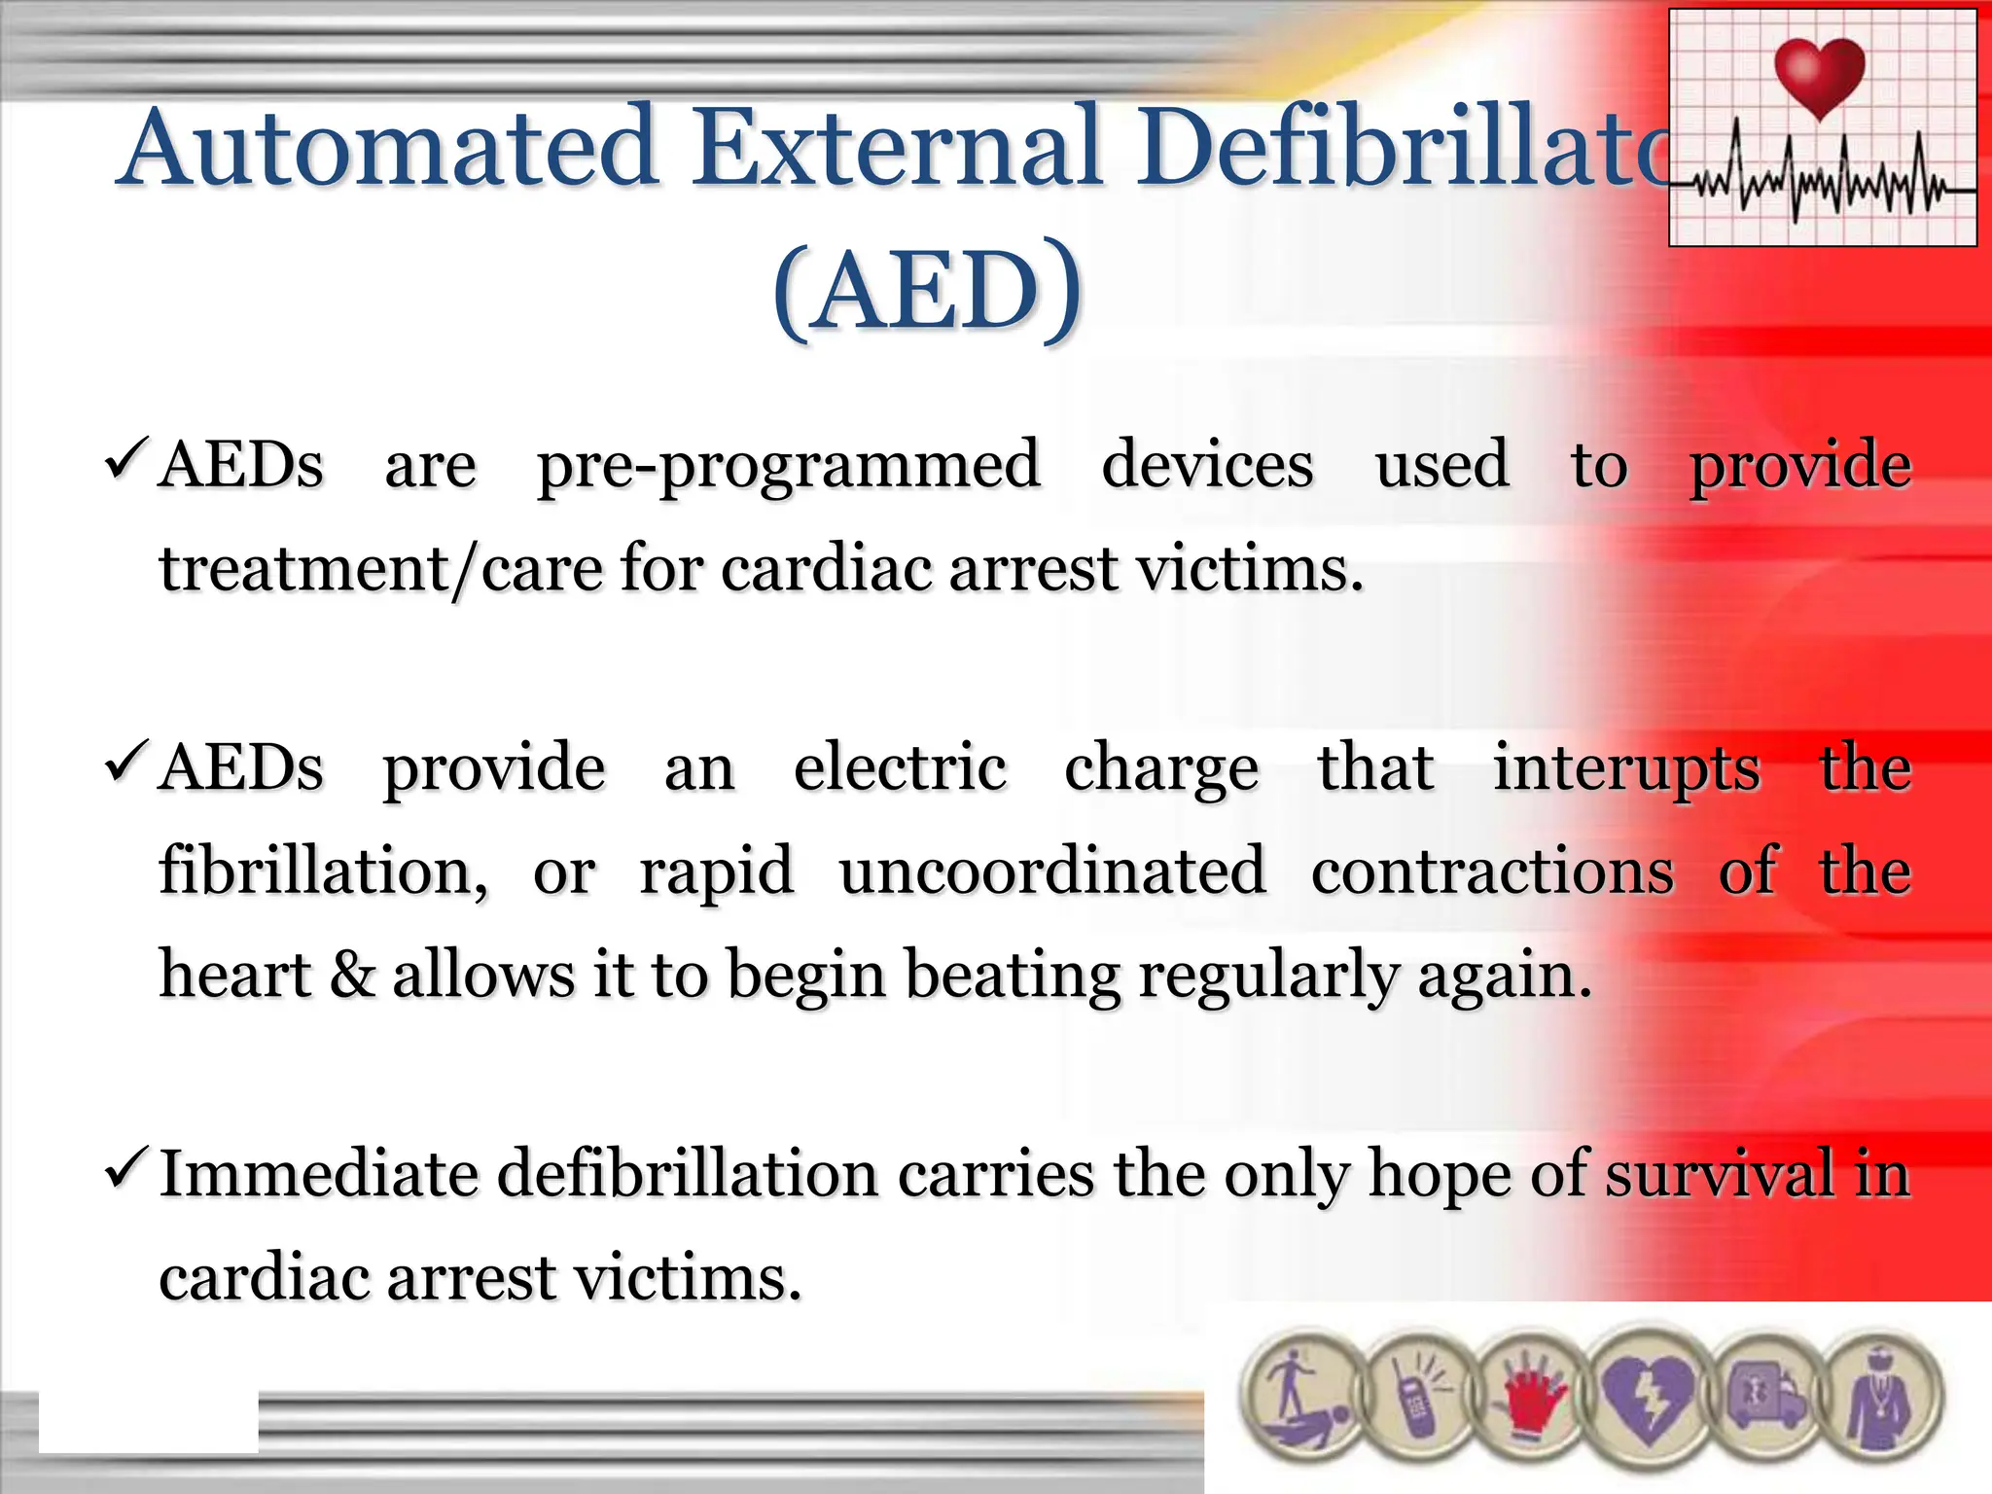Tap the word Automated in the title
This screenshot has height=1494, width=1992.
[389, 148]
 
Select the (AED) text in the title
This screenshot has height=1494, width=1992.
[926, 290]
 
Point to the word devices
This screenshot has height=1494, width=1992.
[1207, 464]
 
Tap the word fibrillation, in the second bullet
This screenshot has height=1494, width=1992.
[323, 871]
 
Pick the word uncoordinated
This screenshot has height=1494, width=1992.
[1052, 871]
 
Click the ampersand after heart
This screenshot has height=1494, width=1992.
[352, 975]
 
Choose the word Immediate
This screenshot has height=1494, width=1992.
[319, 1174]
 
